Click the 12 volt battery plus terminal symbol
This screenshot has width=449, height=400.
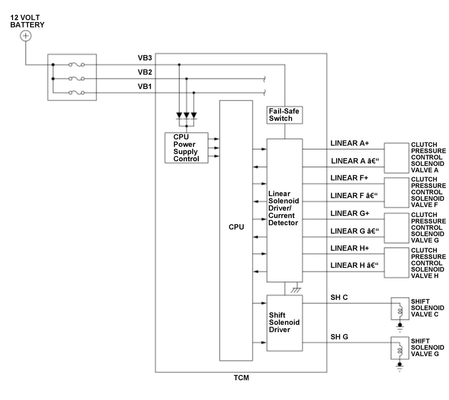[25, 36]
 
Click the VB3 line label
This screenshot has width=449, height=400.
[145, 58]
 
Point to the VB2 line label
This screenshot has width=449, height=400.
[145, 72]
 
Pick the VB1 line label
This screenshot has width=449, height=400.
[145, 86]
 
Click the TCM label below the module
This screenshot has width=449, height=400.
[241, 378]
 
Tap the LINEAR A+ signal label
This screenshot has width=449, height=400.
[349, 143]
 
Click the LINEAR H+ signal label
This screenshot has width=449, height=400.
[349, 248]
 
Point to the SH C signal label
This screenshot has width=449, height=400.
[339, 297]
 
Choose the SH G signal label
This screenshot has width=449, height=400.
[339, 337]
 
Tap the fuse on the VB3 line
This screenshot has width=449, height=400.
[76, 65]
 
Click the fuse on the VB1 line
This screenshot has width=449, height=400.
[76, 93]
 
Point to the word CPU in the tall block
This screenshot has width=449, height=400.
[236, 227]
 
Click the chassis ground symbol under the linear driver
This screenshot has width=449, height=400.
[296, 290]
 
